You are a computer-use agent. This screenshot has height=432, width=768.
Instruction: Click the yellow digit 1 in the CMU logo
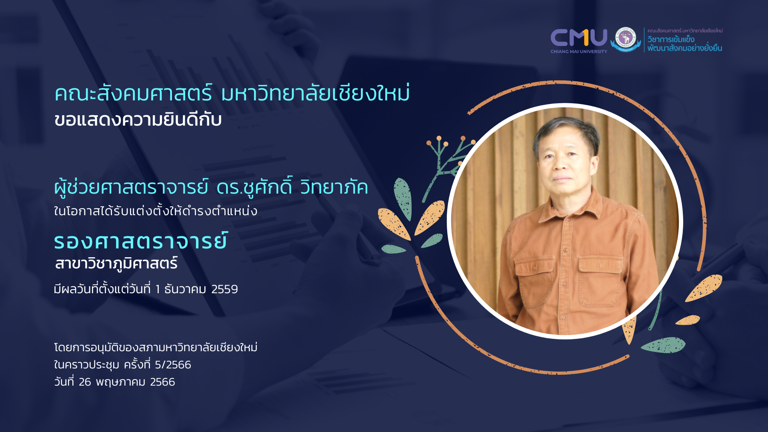(x=585, y=38)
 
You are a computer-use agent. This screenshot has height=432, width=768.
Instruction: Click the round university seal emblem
(x=626, y=39)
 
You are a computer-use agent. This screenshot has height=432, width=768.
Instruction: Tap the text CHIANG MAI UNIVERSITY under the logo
(x=578, y=52)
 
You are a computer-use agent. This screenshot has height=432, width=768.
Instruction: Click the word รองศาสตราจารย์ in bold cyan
(x=141, y=242)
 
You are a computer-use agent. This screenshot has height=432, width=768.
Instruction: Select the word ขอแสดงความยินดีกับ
(x=138, y=120)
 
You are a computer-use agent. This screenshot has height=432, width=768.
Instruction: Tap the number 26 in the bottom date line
(x=85, y=382)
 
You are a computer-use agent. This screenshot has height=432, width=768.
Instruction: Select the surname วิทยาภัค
(x=334, y=188)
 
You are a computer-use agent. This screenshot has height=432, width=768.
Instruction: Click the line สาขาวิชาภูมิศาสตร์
(x=116, y=264)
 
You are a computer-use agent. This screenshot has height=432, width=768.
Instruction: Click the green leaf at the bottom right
(x=664, y=345)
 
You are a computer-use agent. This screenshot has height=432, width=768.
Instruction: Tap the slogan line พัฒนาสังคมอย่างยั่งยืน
(x=684, y=48)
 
